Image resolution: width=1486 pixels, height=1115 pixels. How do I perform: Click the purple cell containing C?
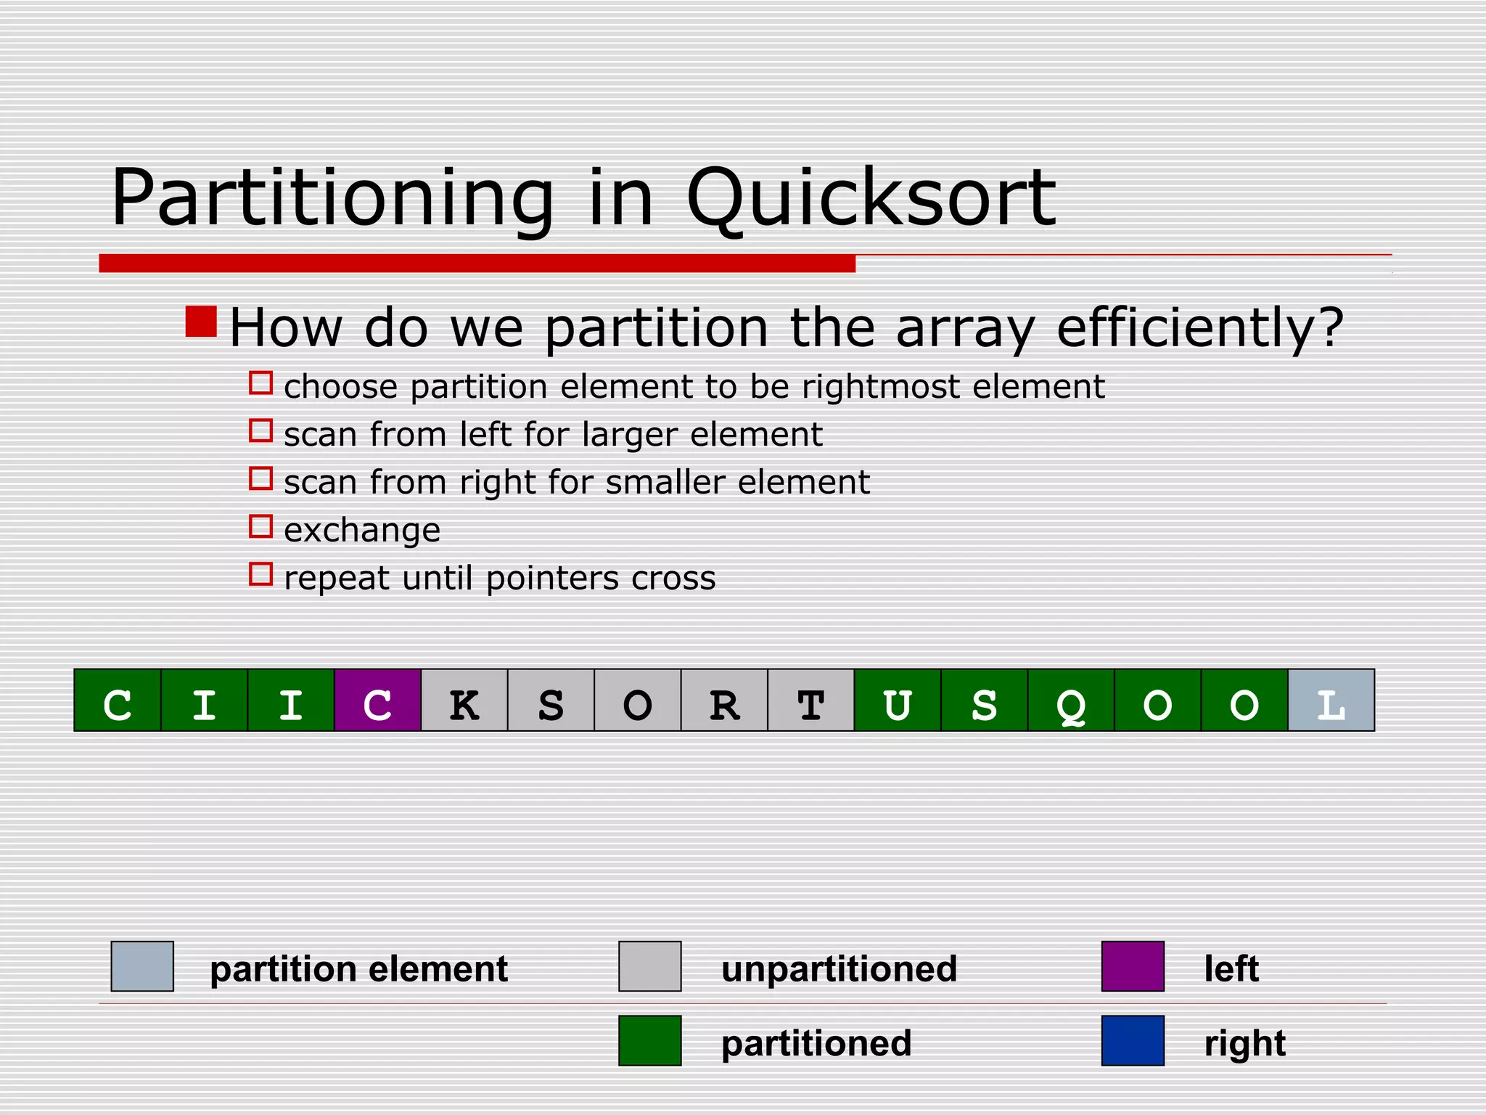click(x=377, y=700)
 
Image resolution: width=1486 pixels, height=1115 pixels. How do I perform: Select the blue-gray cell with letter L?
click(x=1331, y=700)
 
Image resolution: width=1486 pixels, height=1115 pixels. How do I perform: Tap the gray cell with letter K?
click(x=464, y=700)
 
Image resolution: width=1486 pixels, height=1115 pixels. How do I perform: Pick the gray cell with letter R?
click(x=724, y=700)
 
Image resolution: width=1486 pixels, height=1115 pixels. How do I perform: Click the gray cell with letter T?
click(x=810, y=700)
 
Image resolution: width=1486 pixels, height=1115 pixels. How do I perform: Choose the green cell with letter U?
click(x=898, y=700)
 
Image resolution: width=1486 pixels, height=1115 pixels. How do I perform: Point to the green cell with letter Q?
click(x=1071, y=700)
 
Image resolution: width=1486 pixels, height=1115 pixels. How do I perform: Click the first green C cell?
click(x=118, y=700)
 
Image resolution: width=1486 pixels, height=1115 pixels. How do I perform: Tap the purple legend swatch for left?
click(x=1133, y=966)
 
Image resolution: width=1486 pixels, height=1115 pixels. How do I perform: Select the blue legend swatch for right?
click(x=1133, y=1040)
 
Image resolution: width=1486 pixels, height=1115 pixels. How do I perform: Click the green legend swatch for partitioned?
click(x=649, y=1040)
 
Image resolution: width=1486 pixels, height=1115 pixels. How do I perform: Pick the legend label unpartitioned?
click(x=839, y=969)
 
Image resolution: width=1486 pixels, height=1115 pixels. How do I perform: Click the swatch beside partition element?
click(x=142, y=966)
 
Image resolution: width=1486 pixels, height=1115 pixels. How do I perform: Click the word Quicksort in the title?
click(x=871, y=197)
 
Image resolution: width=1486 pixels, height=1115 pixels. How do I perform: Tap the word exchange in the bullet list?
click(x=362, y=531)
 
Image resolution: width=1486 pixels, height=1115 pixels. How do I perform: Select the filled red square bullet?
click(x=201, y=322)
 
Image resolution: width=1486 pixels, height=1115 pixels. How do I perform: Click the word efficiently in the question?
click(x=1199, y=328)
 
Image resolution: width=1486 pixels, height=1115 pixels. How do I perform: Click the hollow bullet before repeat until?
click(x=260, y=574)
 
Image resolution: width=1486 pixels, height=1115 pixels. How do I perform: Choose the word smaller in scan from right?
click(x=665, y=483)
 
